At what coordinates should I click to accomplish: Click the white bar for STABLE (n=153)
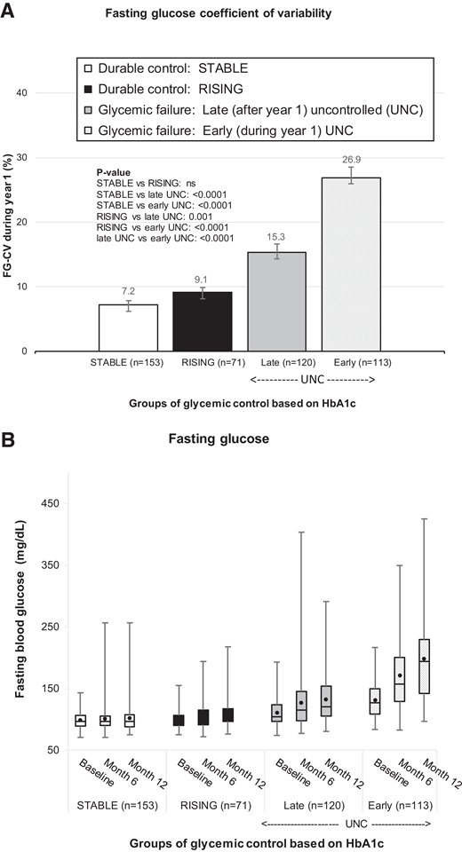pyautogui.click(x=128, y=327)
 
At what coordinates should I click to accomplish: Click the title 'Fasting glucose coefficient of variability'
pyautogui.click(x=230, y=13)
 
